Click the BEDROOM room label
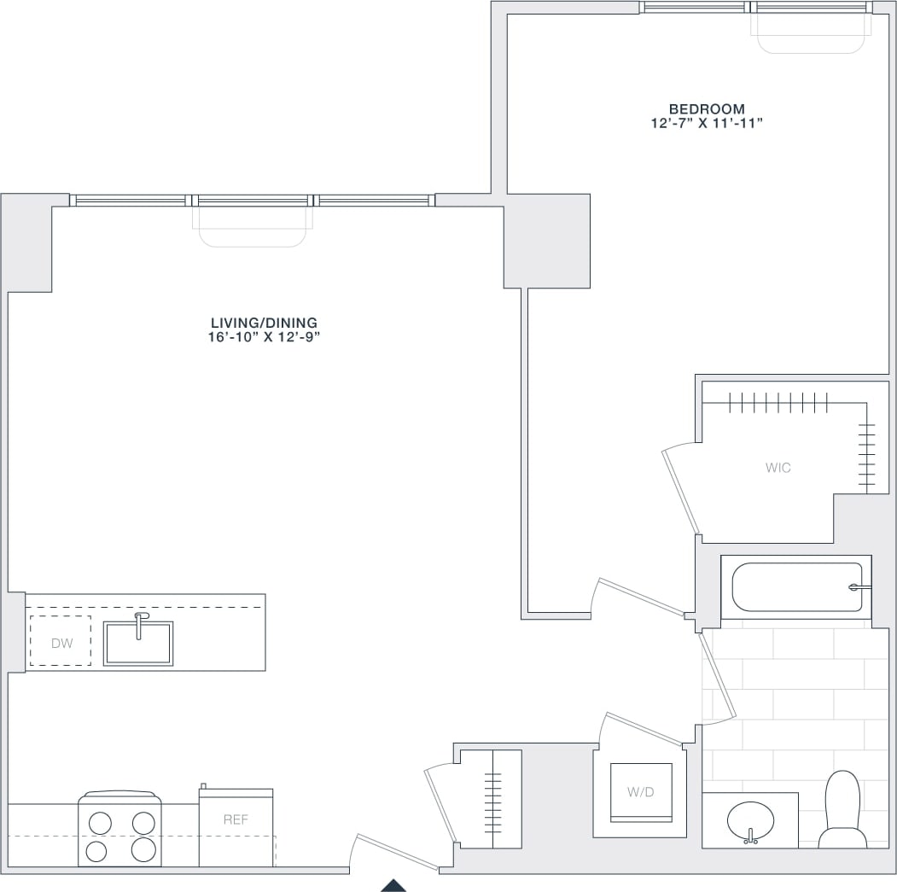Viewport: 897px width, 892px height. point(707,109)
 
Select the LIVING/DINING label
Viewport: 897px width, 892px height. point(264,323)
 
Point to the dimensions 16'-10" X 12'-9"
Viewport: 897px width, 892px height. point(264,336)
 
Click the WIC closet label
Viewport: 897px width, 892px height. point(778,468)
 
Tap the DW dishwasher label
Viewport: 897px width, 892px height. point(61,643)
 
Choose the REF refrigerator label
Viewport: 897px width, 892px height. point(236,819)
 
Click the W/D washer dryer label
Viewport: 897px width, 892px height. point(641,792)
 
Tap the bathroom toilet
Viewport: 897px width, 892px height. point(842,811)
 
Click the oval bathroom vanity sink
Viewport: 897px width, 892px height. point(751,821)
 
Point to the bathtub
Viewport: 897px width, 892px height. point(795,587)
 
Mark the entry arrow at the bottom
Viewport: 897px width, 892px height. point(393,885)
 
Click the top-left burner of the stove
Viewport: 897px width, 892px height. point(100,823)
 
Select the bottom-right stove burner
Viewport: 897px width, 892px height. point(143,849)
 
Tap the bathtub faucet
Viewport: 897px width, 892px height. point(859,587)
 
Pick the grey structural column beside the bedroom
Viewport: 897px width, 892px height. point(546,241)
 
